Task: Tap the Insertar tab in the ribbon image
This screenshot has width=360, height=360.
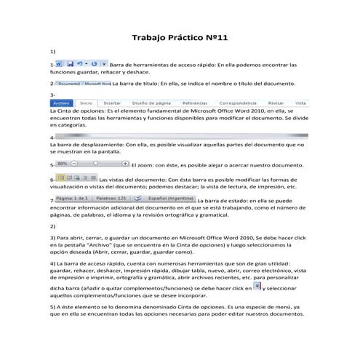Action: point(112,103)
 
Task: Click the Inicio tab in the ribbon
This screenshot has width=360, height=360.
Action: point(86,103)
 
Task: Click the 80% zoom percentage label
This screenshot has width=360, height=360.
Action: point(63,164)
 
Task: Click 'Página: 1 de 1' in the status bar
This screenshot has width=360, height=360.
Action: point(71,197)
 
